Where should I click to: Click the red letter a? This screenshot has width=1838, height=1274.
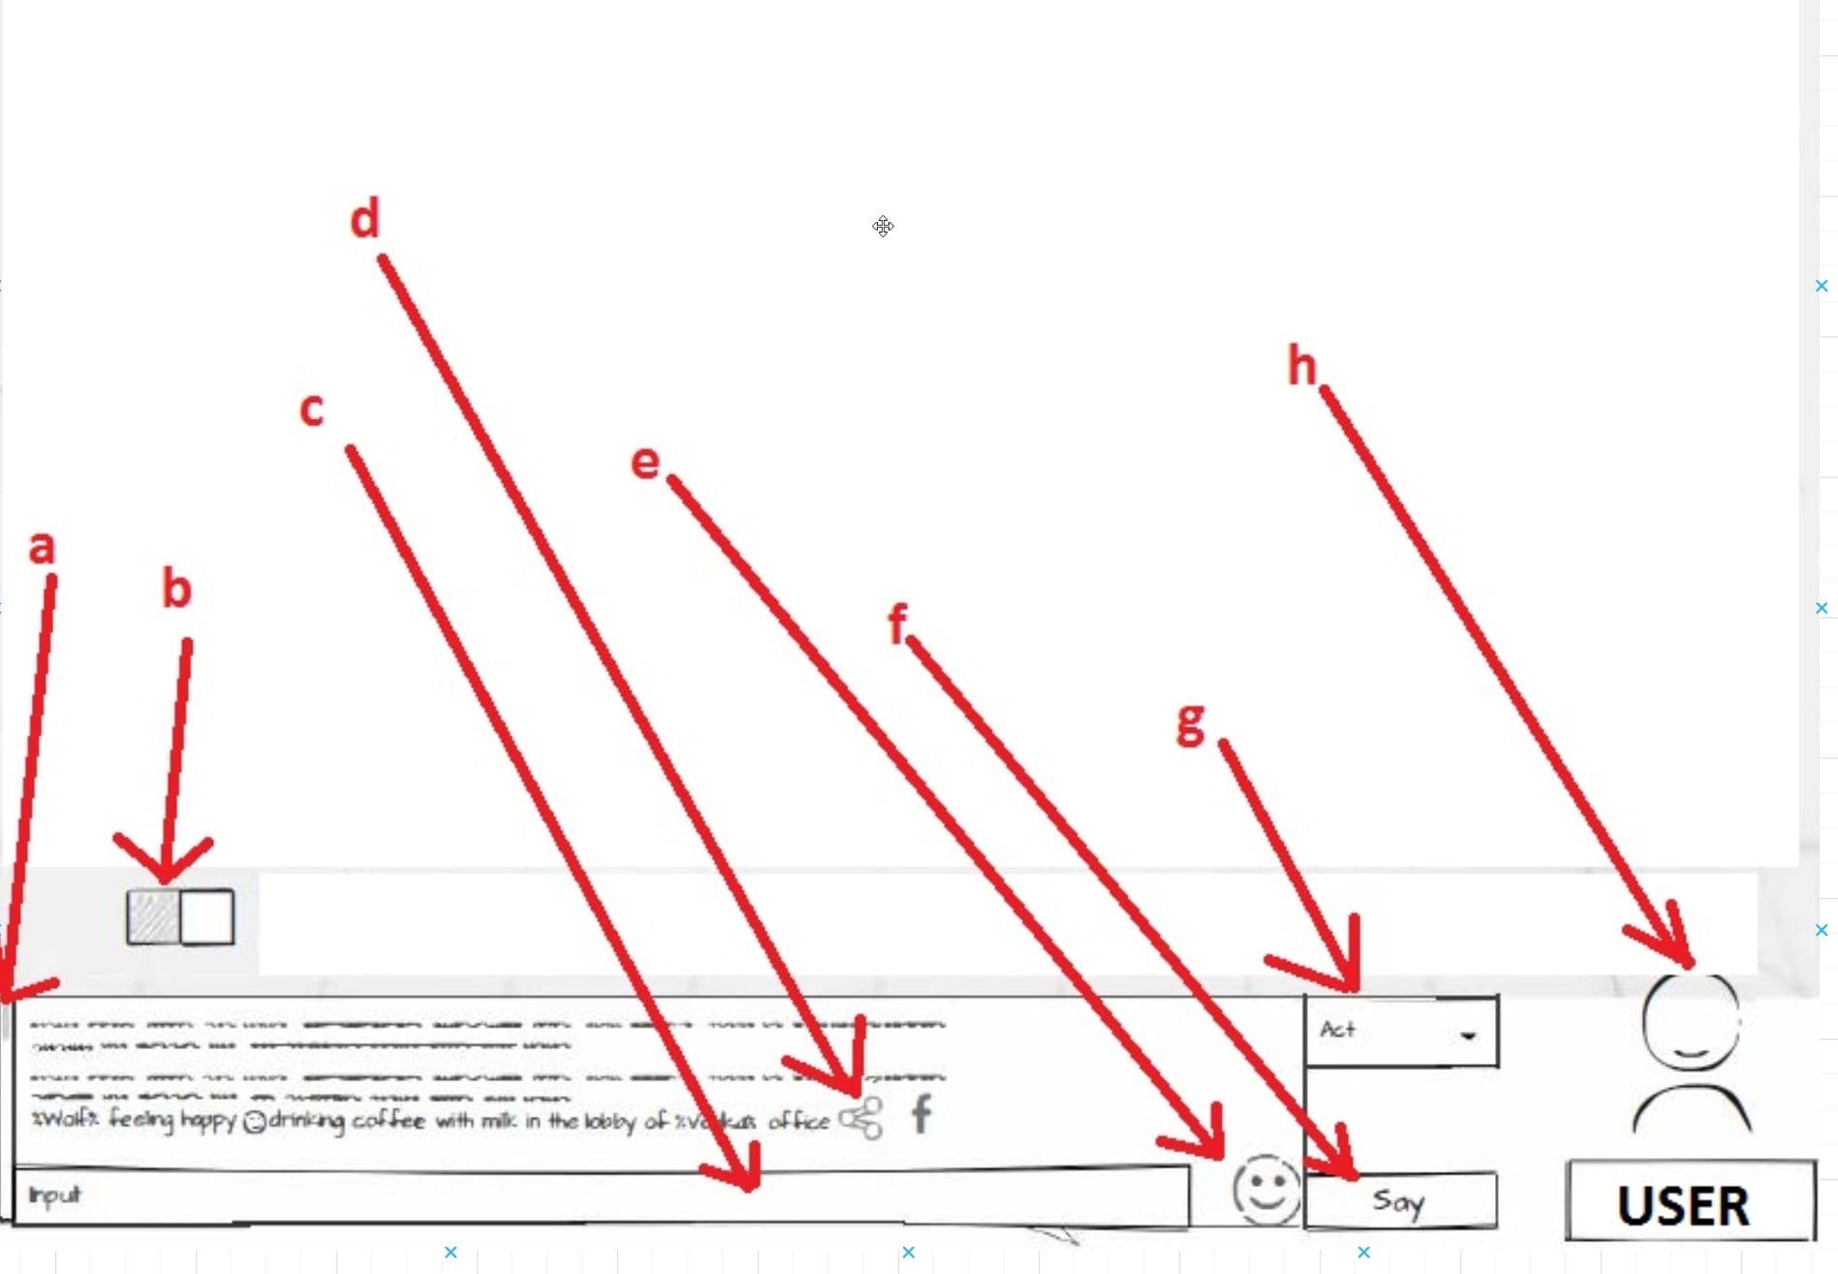pyautogui.click(x=42, y=548)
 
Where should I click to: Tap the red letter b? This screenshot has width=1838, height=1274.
pyautogui.click(x=176, y=589)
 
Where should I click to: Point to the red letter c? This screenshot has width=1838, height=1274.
pyautogui.click(x=311, y=410)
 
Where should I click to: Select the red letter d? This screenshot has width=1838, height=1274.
pyautogui.click(x=364, y=220)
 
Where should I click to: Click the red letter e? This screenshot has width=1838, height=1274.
pyautogui.click(x=645, y=462)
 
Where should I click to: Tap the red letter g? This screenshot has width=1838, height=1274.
pyautogui.click(x=1191, y=724)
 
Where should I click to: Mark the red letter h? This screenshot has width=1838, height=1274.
pyautogui.click(x=1301, y=366)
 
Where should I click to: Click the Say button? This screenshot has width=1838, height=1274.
pyautogui.click(x=1399, y=1201)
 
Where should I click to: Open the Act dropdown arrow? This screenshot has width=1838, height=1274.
pyautogui.click(x=1468, y=1035)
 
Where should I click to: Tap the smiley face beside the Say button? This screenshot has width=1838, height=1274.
pyautogui.click(x=1265, y=1190)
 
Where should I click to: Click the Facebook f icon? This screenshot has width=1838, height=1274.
pyautogui.click(x=921, y=1114)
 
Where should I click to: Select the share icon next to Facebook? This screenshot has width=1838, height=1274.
pyautogui.click(x=861, y=1118)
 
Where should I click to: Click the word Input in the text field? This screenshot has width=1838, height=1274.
pyautogui.click(x=54, y=1196)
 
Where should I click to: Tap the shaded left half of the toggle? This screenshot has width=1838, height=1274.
pyautogui.click(x=153, y=917)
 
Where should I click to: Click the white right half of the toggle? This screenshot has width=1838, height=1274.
pyautogui.click(x=207, y=917)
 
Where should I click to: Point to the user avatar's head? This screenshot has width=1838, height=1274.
pyautogui.click(x=1691, y=1021)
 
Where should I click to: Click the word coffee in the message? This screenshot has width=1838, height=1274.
pyautogui.click(x=388, y=1121)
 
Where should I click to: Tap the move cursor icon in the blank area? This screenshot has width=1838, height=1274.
pyautogui.click(x=883, y=227)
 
